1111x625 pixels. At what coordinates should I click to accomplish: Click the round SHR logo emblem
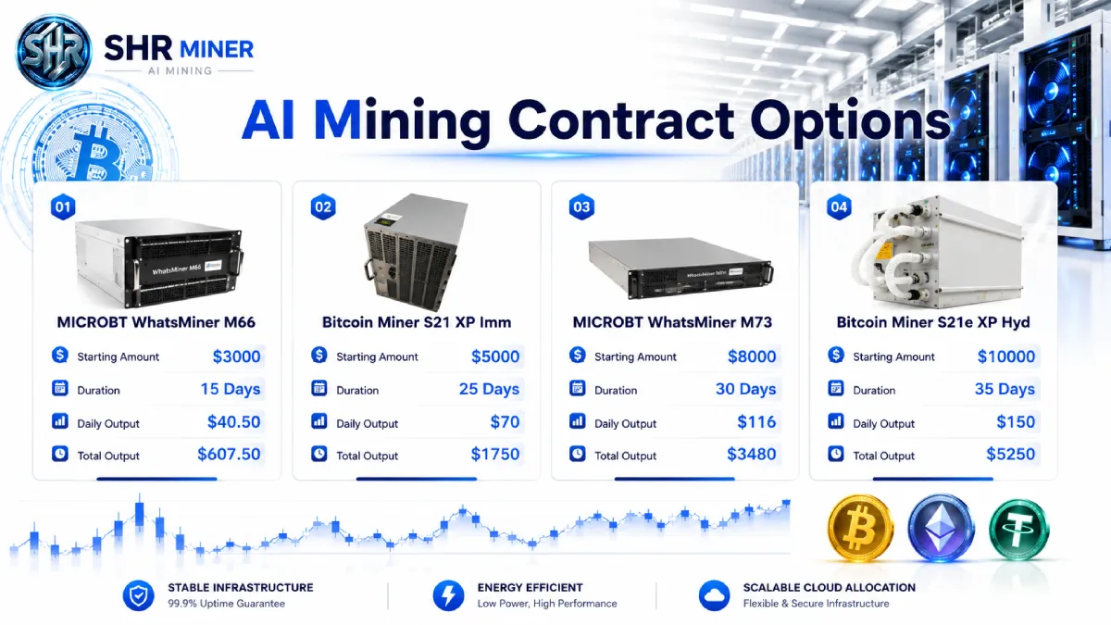(54, 52)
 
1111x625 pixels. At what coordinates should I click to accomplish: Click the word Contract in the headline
(621, 120)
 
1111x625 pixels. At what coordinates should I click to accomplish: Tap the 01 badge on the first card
(63, 206)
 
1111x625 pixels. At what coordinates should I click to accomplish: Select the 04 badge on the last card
(839, 206)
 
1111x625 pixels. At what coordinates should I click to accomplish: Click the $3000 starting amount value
(237, 356)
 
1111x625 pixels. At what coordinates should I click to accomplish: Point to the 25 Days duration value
(489, 390)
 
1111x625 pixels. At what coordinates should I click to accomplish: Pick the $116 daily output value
(756, 422)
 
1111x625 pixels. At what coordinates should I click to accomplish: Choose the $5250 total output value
(1011, 455)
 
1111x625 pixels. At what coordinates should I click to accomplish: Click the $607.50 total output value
(229, 455)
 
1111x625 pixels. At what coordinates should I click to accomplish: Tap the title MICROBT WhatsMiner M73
(672, 322)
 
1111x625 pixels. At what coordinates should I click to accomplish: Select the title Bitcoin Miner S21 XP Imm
(417, 322)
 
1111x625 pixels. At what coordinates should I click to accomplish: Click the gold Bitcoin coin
(860, 528)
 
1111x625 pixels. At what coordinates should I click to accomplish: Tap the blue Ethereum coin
(941, 528)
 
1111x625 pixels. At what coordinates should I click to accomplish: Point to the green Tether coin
(1019, 530)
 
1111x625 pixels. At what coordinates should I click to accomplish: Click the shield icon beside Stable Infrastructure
(138, 595)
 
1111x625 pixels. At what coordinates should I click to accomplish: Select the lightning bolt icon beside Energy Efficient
(448, 595)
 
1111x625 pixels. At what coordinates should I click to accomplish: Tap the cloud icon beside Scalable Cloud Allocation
(714, 595)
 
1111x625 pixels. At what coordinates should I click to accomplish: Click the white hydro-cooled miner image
(937, 252)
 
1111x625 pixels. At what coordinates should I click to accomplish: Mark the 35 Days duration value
(1005, 390)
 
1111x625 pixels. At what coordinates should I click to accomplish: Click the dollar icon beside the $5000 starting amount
(318, 356)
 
